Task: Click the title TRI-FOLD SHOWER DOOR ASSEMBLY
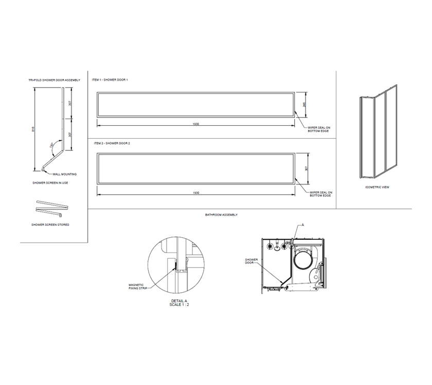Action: [x=54, y=80]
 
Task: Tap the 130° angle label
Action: [x=51, y=145]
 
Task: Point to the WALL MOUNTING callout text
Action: [x=65, y=175]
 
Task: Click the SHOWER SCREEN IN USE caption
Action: [x=50, y=183]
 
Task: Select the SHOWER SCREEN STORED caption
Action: [x=50, y=225]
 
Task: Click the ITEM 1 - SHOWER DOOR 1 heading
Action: [x=110, y=80]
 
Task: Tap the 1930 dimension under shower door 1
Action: [x=195, y=124]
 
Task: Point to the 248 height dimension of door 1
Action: [x=305, y=104]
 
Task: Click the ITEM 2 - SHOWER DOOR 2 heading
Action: [x=111, y=143]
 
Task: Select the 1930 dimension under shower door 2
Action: [x=195, y=192]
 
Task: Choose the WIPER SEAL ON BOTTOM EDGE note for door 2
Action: [x=321, y=194]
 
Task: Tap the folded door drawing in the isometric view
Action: [x=377, y=131]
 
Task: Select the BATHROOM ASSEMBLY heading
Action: [x=221, y=215]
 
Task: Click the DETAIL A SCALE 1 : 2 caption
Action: [x=178, y=303]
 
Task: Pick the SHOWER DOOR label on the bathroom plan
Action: [x=251, y=261]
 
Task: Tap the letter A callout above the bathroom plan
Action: [x=303, y=225]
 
